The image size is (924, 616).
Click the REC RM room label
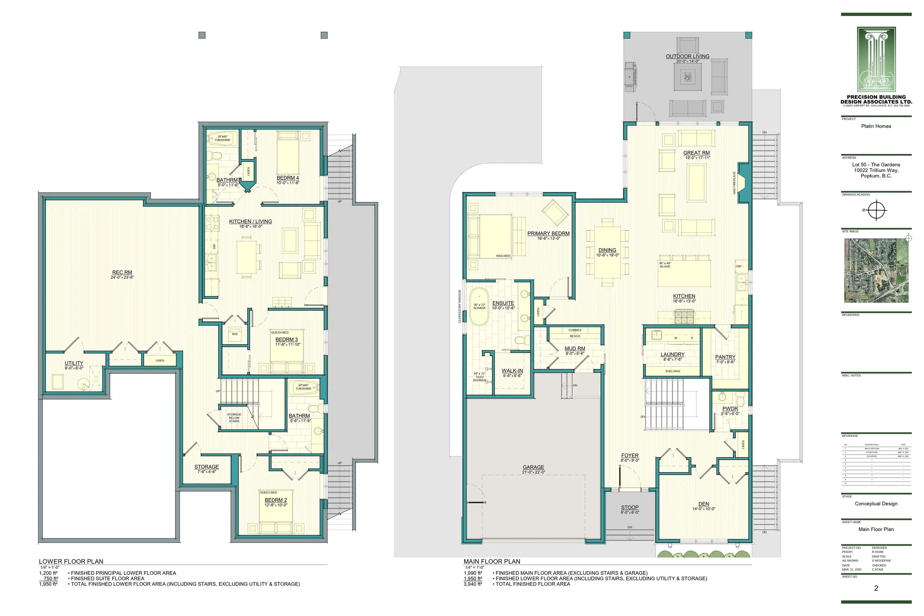(x=122, y=272)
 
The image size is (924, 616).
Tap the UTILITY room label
(x=74, y=363)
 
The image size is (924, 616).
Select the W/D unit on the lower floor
(x=235, y=334)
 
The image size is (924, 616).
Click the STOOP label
(x=630, y=507)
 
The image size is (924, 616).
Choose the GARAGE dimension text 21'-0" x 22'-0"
(x=533, y=472)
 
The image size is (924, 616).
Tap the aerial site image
(x=876, y=270)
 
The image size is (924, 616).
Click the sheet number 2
(x=876, y=588)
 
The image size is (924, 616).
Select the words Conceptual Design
(x=876, y=504)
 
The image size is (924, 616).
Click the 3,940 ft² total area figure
(x=473, y=584)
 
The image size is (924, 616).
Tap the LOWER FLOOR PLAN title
(x=71, y=561)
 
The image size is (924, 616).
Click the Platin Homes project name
(x=876, y=126)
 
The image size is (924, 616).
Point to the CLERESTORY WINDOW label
(x=460, y=306)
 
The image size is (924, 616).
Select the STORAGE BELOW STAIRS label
(x=234, y=418)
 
